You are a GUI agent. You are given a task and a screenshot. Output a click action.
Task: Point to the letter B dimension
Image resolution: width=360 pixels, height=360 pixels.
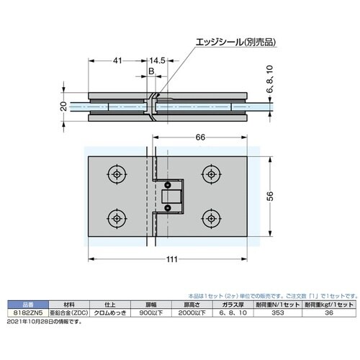pyautogui.click(x=151, y=73)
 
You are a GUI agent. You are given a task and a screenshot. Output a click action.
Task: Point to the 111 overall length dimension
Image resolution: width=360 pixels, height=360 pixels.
pyautogui.click(x=170, y=262)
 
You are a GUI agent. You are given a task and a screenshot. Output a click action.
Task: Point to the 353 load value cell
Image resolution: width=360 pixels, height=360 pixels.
pyautogui.click(x=272, y=313)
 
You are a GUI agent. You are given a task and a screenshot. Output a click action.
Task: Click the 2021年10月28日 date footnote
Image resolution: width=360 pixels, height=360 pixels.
pyautogui.click(x=43, y=320)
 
